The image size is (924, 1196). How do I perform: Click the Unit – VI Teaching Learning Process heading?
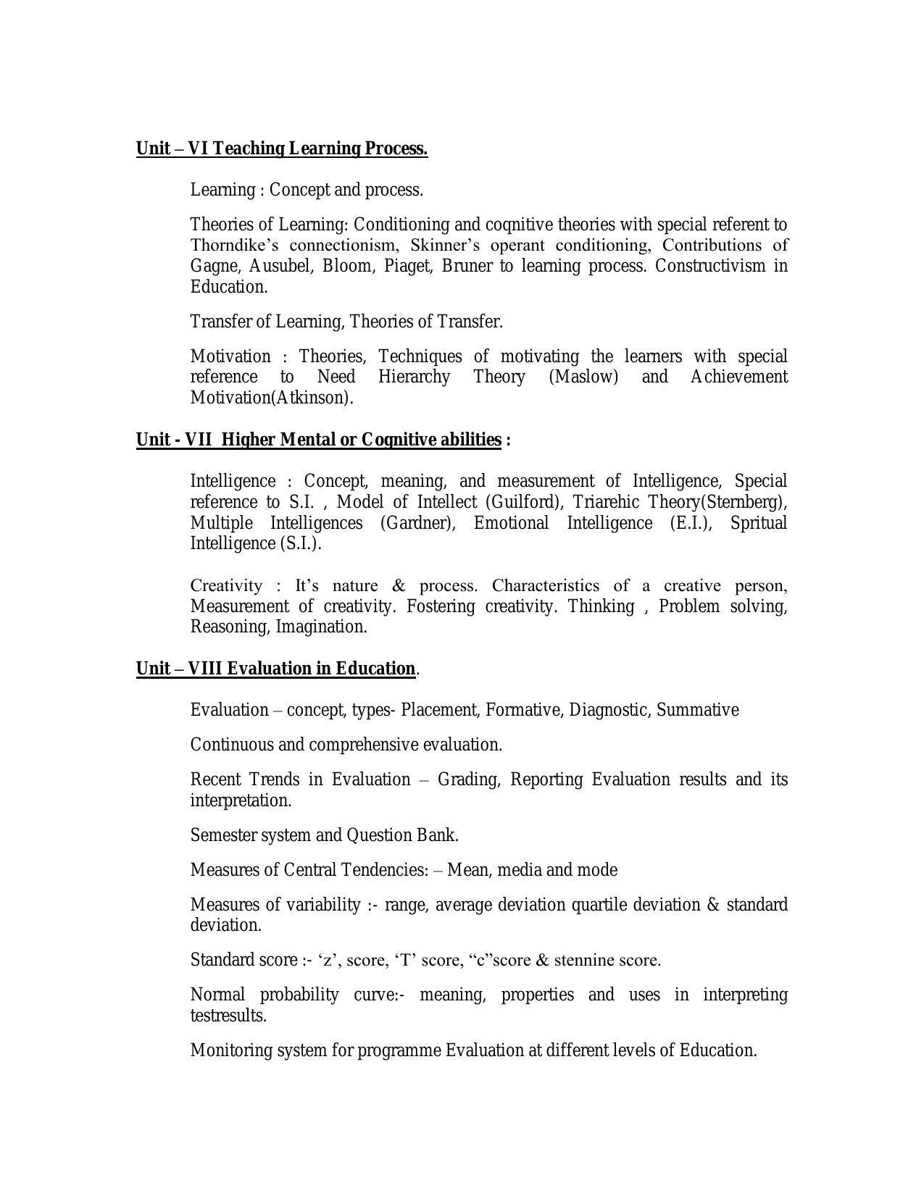(282, 149)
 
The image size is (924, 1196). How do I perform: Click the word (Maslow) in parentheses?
(583, 377)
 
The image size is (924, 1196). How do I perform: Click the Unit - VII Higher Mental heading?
(319, 440)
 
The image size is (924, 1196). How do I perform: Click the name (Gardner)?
(417, 523)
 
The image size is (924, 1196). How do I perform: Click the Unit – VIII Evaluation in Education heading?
(276, 668)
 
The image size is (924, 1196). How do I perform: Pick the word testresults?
(228, 1016)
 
